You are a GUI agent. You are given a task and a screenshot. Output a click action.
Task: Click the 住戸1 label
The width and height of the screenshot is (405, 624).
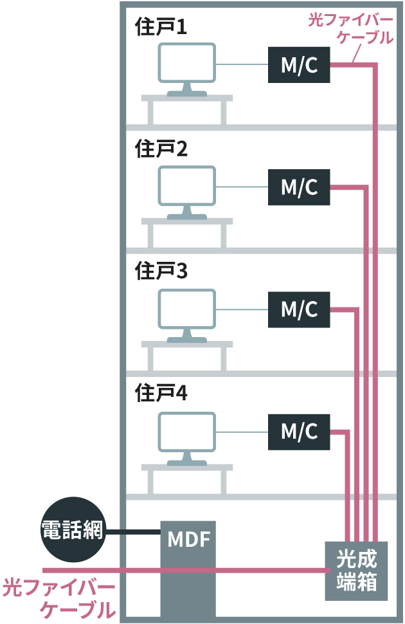coord(161,27)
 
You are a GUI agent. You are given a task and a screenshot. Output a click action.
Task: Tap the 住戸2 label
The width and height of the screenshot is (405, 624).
coord(161,149)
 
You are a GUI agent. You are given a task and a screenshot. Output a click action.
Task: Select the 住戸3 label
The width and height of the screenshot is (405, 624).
coord(161,271)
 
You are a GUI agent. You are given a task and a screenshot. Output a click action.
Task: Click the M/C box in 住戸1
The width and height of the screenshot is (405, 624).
coord(300,65)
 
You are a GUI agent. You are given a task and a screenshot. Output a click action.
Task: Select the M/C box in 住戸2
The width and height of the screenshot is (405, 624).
coord(300,187)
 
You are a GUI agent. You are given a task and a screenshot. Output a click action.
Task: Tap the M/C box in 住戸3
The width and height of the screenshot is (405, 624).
coord(300,309)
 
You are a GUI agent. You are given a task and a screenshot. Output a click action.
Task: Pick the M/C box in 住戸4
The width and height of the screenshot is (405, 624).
coord(300,432)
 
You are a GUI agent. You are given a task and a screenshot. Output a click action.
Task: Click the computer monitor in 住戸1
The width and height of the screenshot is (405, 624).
coord(187,64)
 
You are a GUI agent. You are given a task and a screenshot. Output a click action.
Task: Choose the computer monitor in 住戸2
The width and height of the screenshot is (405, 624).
coord(187,187)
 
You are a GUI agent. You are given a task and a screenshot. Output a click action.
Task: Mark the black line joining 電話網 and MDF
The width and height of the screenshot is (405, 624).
coord(134,531)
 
